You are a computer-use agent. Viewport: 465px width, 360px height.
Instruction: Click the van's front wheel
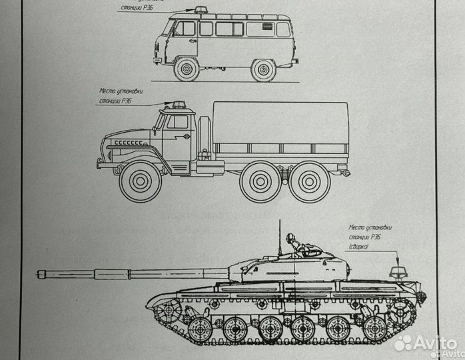187,69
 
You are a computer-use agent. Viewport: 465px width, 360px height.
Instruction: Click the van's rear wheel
263,69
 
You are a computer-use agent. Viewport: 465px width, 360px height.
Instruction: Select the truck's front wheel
141,181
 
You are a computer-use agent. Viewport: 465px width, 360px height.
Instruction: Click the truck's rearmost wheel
310,182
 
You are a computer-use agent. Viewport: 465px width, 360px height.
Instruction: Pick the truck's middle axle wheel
260,182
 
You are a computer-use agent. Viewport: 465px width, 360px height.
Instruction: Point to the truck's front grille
127,143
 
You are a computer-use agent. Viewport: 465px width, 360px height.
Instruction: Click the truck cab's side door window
177,122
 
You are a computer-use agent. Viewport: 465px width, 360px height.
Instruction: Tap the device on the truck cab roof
178,104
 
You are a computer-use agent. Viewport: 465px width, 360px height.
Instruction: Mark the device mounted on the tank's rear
398,271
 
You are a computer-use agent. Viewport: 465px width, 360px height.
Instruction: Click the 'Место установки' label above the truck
121,91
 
